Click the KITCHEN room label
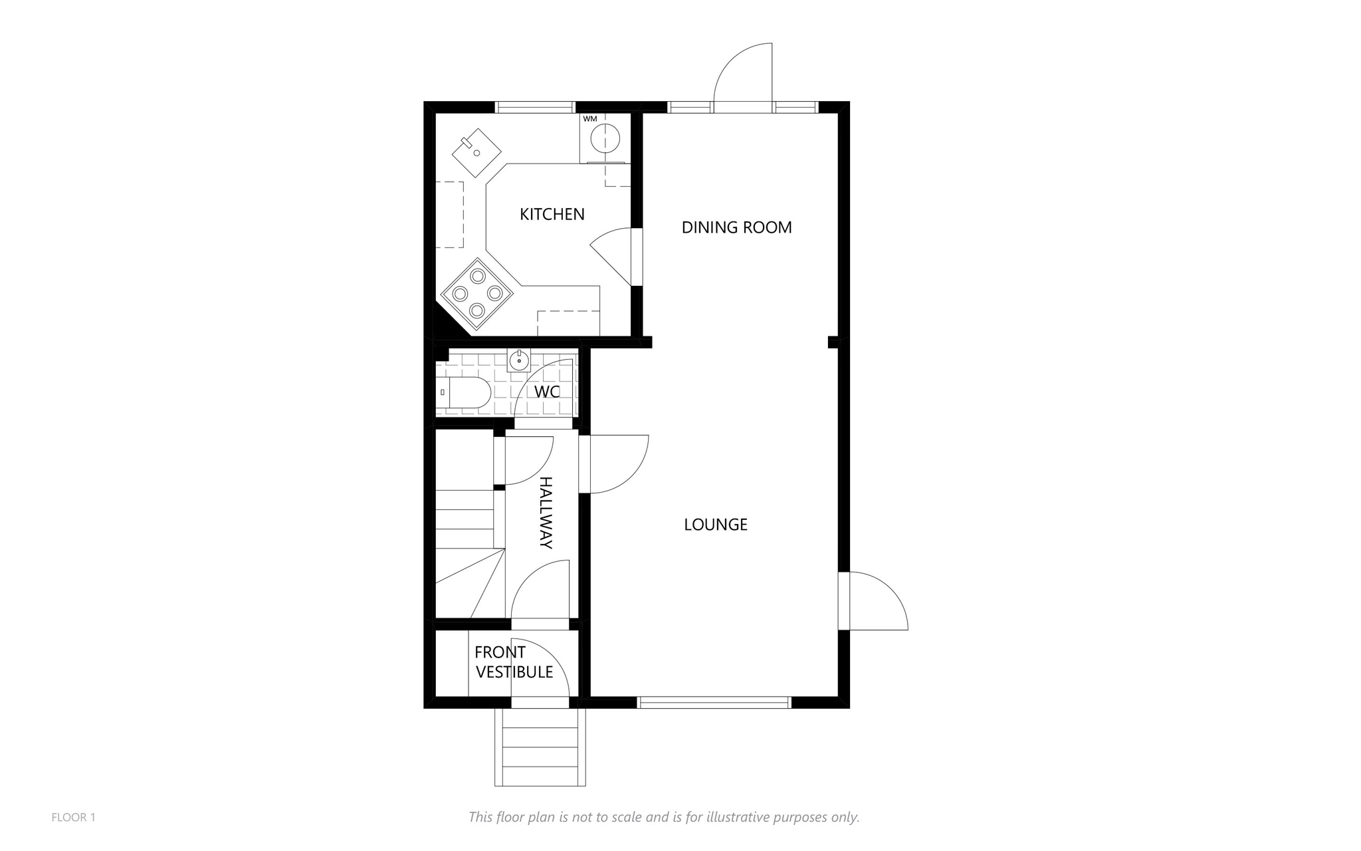point(552,215)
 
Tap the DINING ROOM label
point(736,227)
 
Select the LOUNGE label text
point(716,525)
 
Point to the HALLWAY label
point(546,513)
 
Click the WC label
point(547,392)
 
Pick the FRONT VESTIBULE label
point(514,662)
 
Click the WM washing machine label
point(590,119)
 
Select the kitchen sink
point(476,152)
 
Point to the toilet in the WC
point(464,392)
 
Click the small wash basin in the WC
point(519,360)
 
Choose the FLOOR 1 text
point(73,818)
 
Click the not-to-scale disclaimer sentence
point(664,817)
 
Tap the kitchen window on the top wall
point(535,107)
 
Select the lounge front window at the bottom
point(714,702)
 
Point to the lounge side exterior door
point(873,601)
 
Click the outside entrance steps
point(540,747)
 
